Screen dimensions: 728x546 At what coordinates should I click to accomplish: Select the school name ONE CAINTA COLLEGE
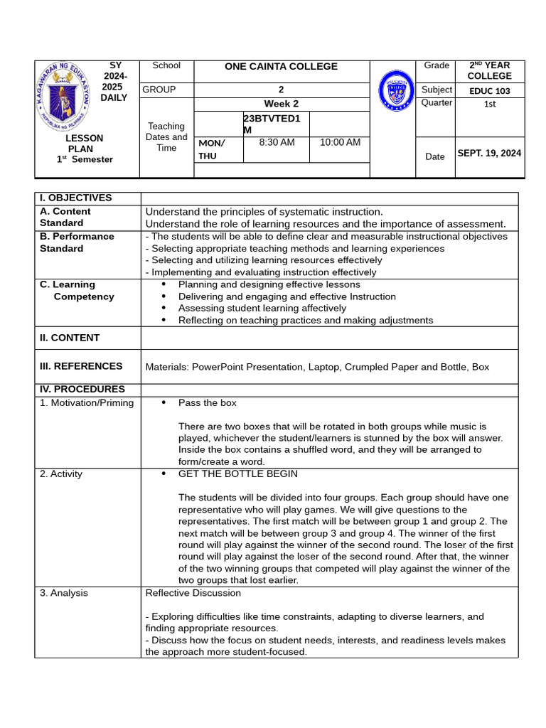point(281,66)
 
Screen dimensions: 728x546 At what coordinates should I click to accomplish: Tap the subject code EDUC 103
point(490,91)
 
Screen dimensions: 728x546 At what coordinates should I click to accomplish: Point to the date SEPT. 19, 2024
point(489,153)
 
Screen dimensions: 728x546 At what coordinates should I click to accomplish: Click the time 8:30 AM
point(277,142)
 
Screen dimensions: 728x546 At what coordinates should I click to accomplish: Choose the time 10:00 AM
point(340,142)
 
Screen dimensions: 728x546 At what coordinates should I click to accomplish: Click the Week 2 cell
point(281,104)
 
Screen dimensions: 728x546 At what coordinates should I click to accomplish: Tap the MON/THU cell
point(212,149)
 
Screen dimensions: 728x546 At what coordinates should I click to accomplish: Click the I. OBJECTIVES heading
point(76,198)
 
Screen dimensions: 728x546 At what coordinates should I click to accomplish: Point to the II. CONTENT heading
point(70,338)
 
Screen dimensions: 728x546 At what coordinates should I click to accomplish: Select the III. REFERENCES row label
point(81,366)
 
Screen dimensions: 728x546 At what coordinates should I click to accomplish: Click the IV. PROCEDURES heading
point(82,389)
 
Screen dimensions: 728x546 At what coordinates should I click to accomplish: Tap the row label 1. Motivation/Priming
point(87,403)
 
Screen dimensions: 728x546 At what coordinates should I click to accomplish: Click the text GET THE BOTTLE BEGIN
point(238,473)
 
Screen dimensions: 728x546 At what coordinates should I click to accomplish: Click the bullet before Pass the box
point(164,403)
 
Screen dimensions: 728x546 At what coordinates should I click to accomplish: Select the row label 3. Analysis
point(64,593)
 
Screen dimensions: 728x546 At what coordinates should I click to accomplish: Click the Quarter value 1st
point(490,104)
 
